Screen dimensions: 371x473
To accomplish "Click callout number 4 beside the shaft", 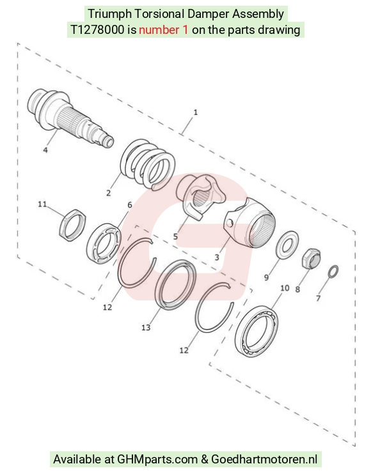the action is (x=45, y=150).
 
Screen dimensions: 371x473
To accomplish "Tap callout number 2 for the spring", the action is (x=109, y=193).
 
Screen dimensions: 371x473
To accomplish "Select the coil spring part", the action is (x=147, y=164).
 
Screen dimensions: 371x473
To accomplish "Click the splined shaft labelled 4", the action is (x=70, y=118).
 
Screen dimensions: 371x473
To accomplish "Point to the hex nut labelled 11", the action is (x=72, y=225).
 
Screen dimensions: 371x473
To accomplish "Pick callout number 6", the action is (x=130, y=205).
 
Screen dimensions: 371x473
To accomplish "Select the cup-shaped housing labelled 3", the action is (x=249, y=223).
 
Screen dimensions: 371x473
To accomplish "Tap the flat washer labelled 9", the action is (x=287, y=245).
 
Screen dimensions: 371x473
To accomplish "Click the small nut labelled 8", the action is (x=312, y=259).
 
